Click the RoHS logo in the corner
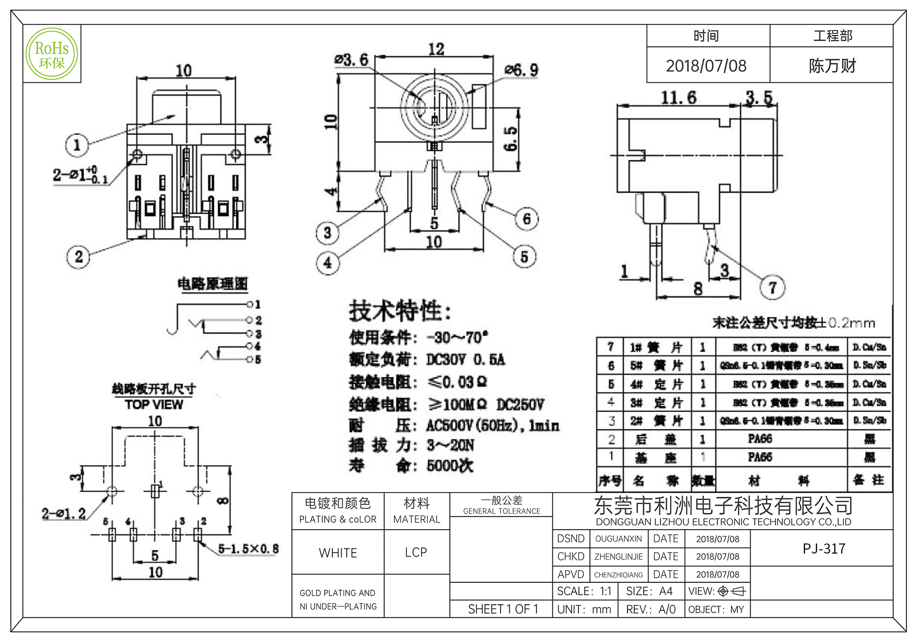52,54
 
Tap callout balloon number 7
773,288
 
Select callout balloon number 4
327,263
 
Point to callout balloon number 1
77,145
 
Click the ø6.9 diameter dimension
522,70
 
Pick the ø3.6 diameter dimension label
351,60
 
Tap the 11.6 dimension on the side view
678,98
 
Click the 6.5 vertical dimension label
511,139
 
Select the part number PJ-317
824,549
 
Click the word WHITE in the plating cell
338,553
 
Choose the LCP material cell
416,553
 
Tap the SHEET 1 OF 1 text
503,609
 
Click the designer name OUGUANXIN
618,539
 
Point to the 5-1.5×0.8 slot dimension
248,549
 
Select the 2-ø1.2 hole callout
64,514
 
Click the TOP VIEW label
154,405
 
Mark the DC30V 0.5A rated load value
465,360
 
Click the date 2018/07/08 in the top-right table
706,66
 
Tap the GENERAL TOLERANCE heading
502,511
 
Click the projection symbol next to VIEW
732,592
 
